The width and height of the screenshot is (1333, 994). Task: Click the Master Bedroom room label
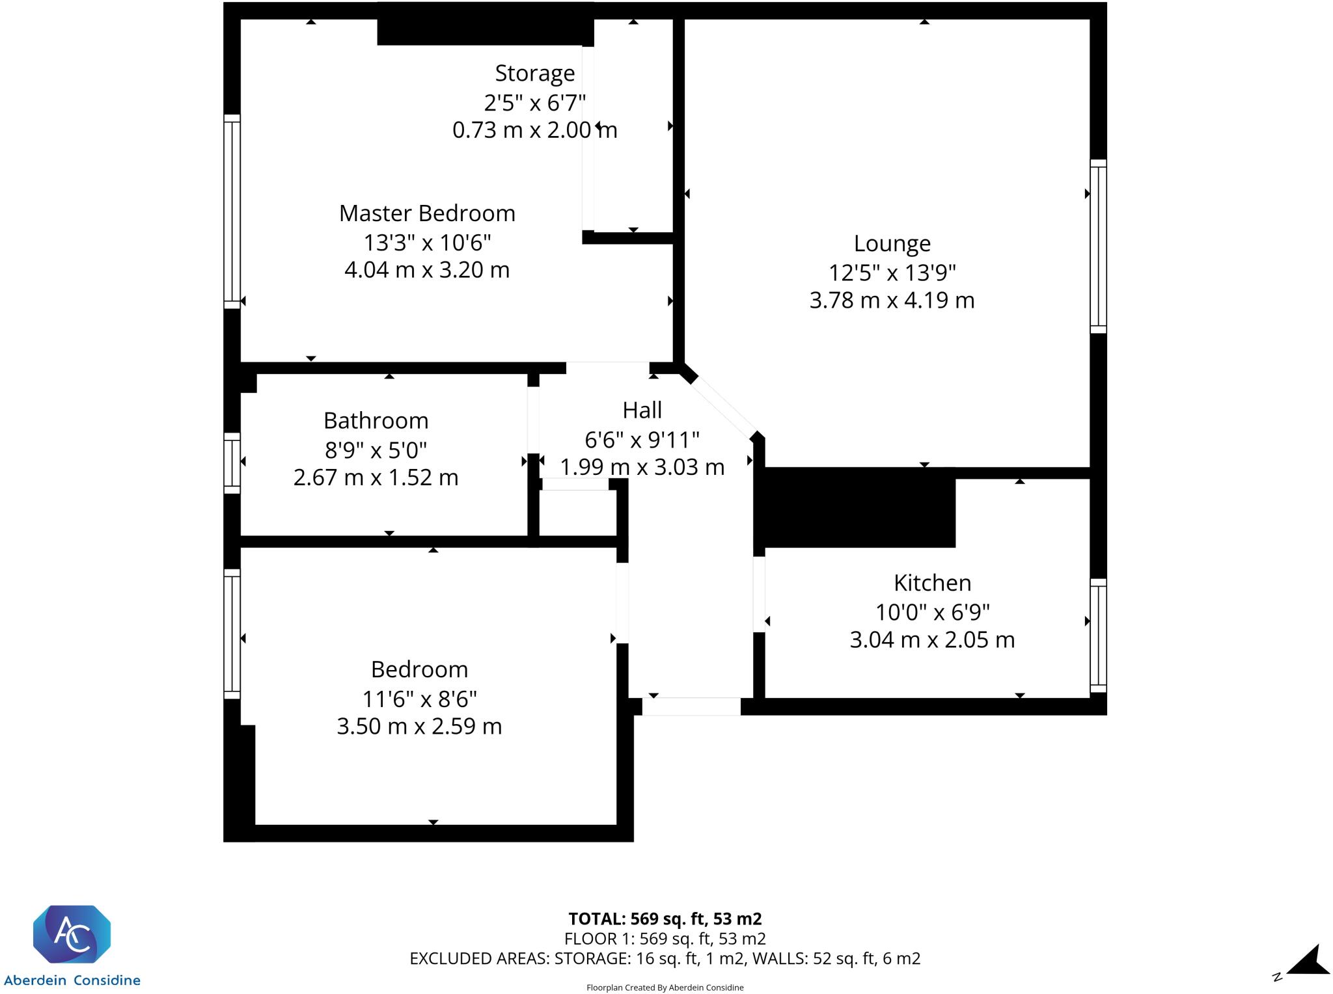click(x=427, y=213)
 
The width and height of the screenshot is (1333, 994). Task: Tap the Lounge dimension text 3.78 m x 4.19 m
click(x=892, y=301)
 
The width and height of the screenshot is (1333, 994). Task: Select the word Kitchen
click(x=932, y=583)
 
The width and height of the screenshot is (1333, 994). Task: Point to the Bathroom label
click(x=376, y=421)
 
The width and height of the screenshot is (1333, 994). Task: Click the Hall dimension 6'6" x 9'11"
click(x=642, y=440)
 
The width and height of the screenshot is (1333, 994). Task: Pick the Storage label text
click(x=534, y=74)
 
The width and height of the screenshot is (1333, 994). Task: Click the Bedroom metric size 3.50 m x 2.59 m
click(x=419, y=726)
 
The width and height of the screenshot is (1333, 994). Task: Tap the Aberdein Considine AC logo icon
click(x=72, y=934)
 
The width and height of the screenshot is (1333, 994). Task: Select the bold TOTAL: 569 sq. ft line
click(x=665, y=919)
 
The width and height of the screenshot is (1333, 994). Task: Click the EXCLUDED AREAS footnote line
click(x=665, y=958)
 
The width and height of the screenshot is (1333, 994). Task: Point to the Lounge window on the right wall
click(x=1098, y=247)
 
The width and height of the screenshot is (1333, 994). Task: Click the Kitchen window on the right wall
click(x=1098, y=636)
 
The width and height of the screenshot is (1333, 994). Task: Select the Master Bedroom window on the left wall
click(x=232, y=211)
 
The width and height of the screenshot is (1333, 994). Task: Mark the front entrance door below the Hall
click(x=691, y=706)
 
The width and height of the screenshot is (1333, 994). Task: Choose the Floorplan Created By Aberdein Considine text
click(x=665, y=987)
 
